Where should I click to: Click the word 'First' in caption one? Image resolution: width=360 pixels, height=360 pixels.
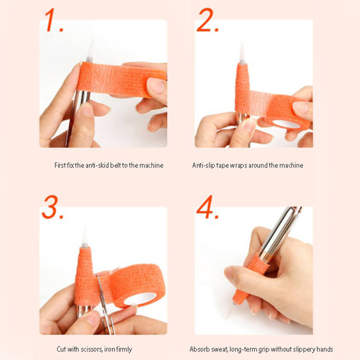(x=60, y=165)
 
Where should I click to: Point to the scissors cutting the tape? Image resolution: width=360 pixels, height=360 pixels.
(x=104, y=305)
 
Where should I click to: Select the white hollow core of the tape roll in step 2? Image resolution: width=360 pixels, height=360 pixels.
(x=287, y=124)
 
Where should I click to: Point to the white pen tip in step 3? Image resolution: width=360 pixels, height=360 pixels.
(x=85, y=237)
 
